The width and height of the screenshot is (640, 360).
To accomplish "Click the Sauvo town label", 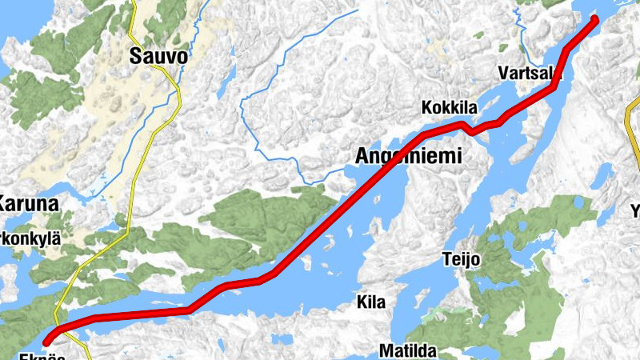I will click(160, 57).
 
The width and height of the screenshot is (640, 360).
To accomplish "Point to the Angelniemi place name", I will click(409, 156).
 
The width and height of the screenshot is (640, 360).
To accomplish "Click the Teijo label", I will click(462, 259).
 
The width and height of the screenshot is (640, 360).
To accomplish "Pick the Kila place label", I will click(371, 302).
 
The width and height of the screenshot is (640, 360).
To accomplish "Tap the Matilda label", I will click(408, 350).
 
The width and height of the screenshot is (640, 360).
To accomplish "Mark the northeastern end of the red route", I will click(594, 18).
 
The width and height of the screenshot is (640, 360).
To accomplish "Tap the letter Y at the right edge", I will click(635, 212).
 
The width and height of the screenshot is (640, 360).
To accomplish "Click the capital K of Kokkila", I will click(427, 107).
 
